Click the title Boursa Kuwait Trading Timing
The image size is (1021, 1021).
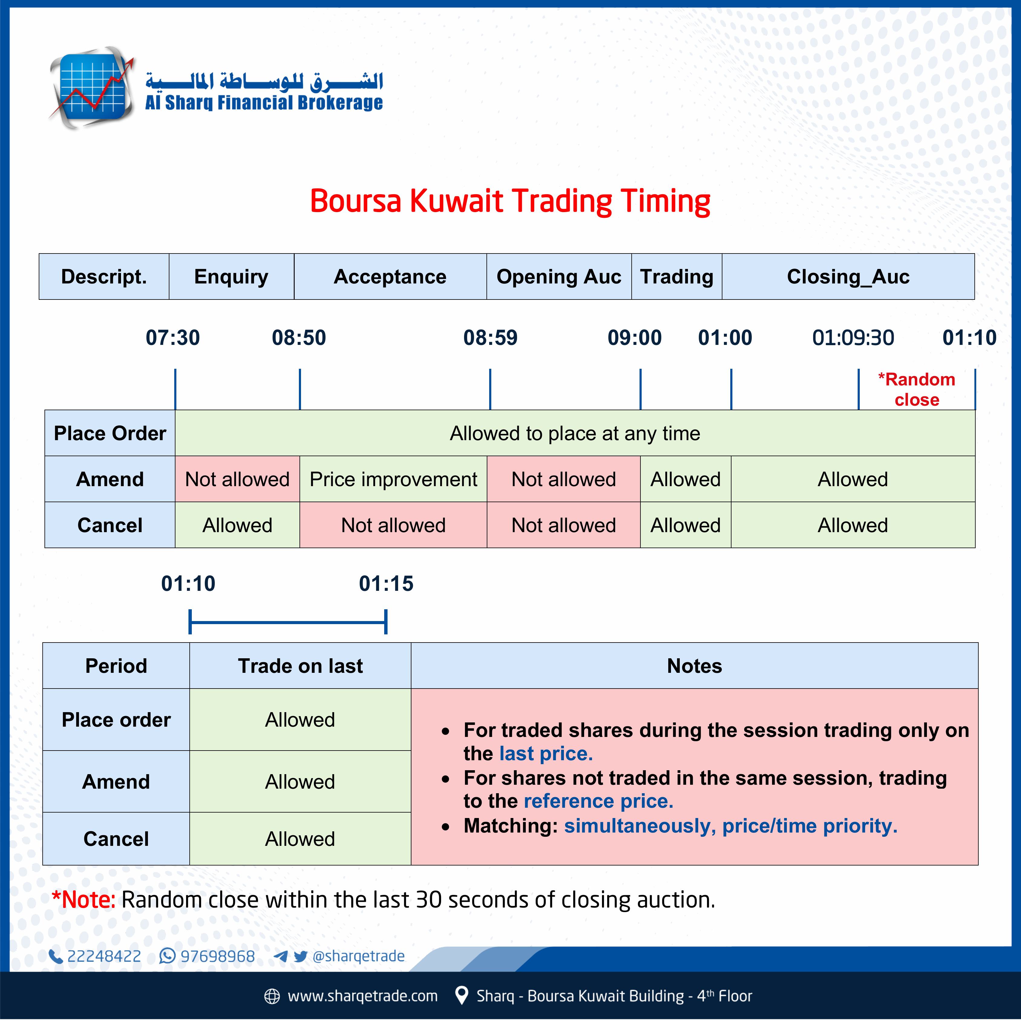click(x=510, y=201)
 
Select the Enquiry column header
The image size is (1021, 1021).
click(x=231, y=277)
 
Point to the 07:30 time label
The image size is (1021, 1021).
click(x=173, y=338)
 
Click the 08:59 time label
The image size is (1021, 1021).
click(x=490, y=338)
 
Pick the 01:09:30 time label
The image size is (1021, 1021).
click(x=853, y=338)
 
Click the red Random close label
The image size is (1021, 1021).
click(x=917, y=389)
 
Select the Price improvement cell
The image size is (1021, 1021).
click(x=393, y=479)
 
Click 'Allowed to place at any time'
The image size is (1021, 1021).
click(x=575, y=433)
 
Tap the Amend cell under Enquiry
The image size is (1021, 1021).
click(x=237, y=479)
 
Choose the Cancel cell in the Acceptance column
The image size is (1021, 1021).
click(x=393, y=525)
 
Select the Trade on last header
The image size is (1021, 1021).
click(x=300, y=666)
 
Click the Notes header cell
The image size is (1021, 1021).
click(x=694, y=666)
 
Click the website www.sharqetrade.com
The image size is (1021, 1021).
click(x=362, y=996)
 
